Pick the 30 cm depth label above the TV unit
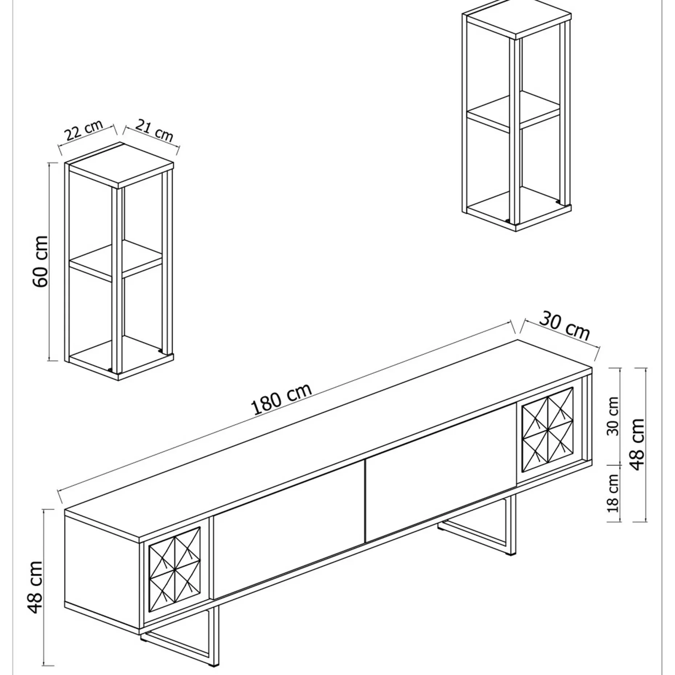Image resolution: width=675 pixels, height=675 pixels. (564, 327)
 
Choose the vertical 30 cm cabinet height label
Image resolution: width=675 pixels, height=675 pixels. (613, 416)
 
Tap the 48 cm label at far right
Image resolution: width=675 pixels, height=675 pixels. (638, 444)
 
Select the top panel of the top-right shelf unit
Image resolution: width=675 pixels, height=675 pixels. (517, 20)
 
